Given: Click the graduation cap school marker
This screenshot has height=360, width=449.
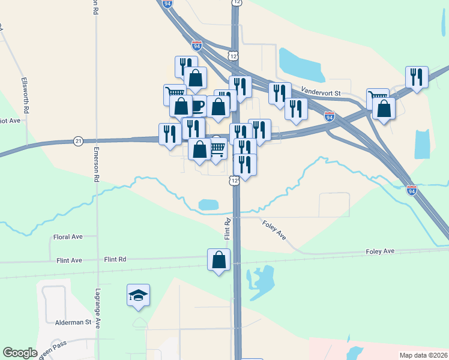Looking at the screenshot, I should click(139, 295).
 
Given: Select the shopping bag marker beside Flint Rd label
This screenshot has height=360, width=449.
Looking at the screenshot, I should click(218, 260).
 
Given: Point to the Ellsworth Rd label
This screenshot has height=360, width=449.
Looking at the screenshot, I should click(25, 95).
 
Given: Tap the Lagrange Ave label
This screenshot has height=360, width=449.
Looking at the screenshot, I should click(97, 307).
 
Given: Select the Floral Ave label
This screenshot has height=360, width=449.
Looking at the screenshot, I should click(68, 237).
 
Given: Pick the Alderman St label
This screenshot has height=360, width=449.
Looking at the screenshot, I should click(75, 322).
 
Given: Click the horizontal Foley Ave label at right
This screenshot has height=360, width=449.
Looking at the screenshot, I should click(380, 251).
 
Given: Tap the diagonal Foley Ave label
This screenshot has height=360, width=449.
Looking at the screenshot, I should click(274, 230).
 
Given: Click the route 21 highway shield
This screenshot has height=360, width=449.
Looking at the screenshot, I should click(78, 141).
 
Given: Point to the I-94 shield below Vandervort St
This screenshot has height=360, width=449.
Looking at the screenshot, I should click(329, 116).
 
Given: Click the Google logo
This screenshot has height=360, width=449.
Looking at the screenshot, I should click(20, 353).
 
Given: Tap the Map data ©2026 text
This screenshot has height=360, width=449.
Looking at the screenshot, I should click(423, 355).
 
